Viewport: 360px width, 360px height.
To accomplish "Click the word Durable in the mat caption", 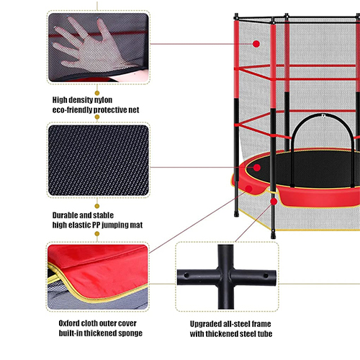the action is pos(63,215).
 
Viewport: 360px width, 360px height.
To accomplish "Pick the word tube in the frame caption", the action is pos(265,334).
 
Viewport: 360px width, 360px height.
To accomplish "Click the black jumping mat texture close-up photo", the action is pos(99,160).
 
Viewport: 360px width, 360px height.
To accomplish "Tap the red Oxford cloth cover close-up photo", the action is pos(98,276).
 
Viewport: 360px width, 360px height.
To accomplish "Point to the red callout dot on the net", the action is pos(256,44).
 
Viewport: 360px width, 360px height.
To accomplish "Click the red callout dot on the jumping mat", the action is pos(257,168).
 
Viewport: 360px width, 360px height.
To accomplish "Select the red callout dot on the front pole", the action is pos(274,202).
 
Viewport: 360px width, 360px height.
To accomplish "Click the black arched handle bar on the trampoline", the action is pos(323,116).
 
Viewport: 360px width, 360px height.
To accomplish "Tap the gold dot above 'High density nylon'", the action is pos(97,93).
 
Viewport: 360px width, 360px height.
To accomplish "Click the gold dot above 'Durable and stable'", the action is pos(97,206).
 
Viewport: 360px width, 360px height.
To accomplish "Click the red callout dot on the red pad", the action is pos(249,189).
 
